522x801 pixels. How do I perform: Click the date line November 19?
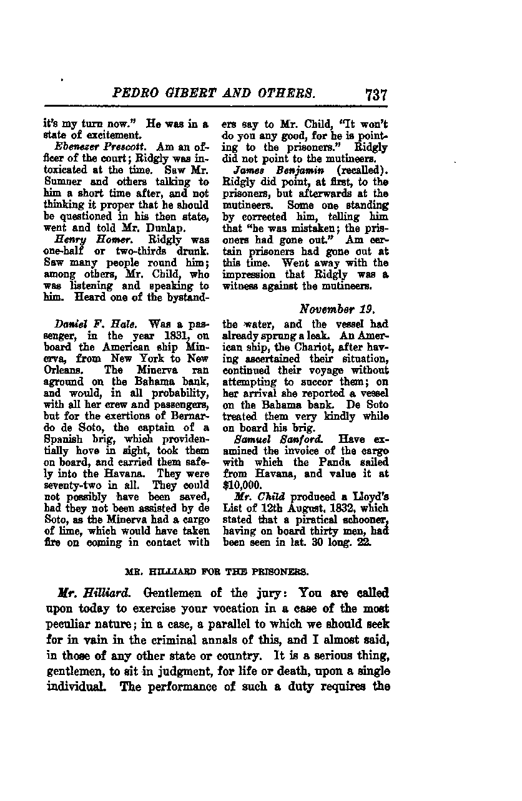click(343, 309)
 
